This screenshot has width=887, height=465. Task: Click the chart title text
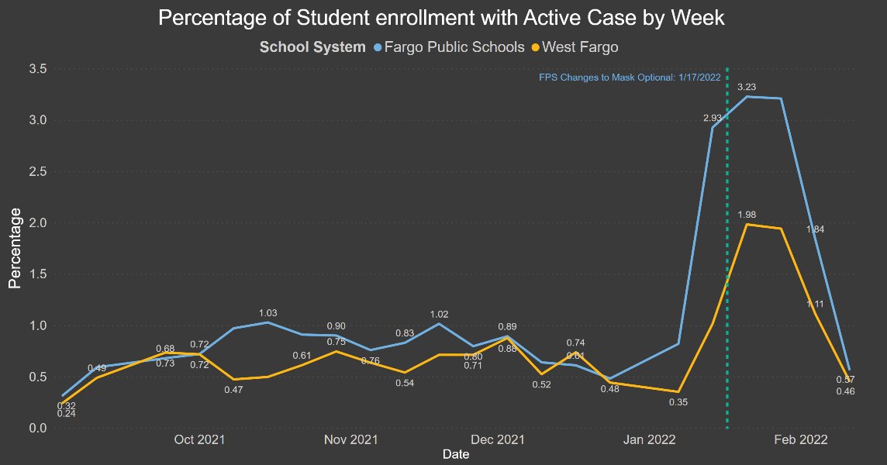441,19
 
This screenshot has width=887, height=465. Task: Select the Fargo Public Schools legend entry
448,47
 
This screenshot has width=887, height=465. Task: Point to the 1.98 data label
747,215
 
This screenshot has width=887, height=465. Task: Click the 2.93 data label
713,118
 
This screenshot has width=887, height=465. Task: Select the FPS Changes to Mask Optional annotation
630,77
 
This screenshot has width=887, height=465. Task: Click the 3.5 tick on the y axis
38,69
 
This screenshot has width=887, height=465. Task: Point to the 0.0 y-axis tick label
38,428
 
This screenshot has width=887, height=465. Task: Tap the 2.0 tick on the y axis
38,222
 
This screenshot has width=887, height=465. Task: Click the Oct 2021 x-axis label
199,440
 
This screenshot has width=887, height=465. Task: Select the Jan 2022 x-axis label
651,440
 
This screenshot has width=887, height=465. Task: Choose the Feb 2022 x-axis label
801,440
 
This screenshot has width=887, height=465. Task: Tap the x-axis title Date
455,455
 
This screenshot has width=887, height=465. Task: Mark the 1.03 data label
267,313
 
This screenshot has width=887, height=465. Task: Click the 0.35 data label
679,402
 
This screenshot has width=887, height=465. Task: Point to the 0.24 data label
67,414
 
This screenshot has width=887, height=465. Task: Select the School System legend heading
312,47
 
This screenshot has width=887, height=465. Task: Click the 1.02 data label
440,314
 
